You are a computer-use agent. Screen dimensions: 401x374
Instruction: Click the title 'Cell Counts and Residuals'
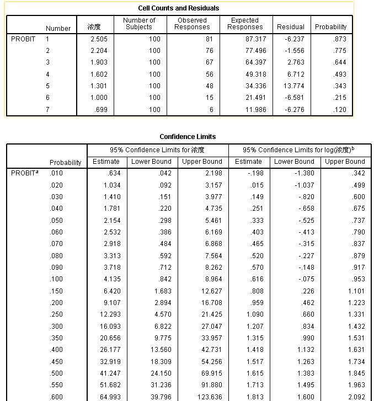click(179, 8)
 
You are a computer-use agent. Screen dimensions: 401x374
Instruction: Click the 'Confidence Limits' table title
click(188, 137)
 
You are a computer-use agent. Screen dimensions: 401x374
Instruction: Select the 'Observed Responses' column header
click(193, 23)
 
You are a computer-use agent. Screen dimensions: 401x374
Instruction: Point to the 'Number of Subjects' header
click(138, 23)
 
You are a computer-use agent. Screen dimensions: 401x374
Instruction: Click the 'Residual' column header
click(291, 26)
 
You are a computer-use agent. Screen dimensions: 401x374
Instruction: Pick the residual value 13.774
click(293, 86)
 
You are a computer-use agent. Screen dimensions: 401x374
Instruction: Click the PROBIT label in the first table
click(23, 39)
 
